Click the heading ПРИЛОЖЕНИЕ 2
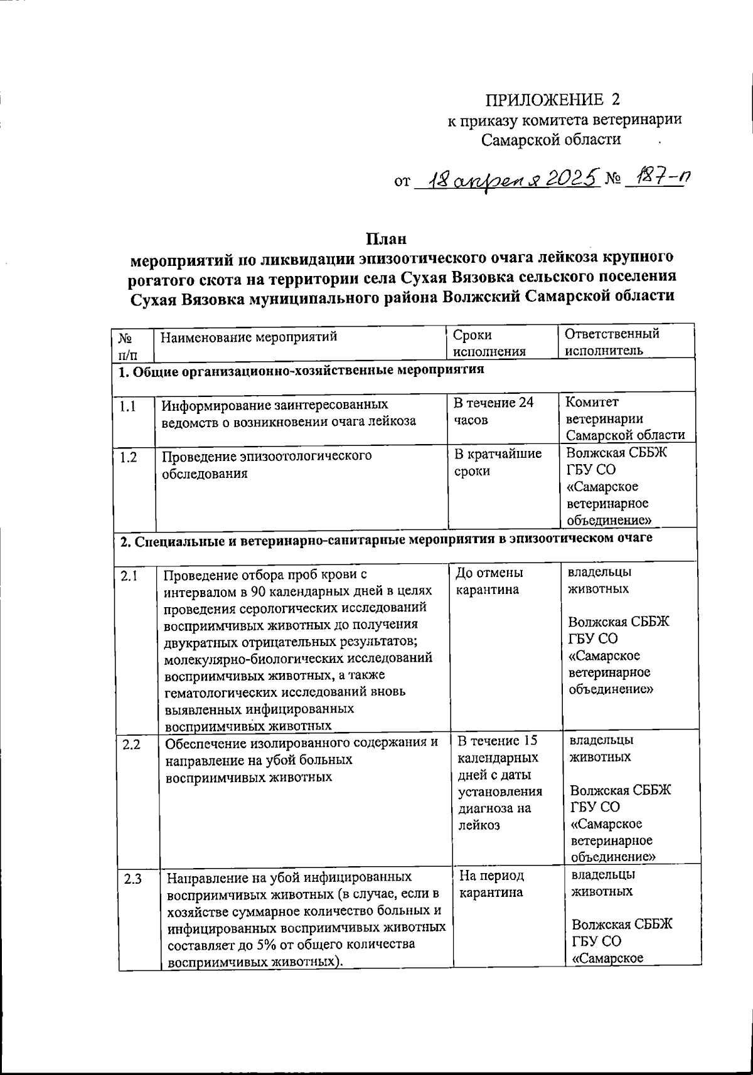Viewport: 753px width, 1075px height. [x=552, y=100]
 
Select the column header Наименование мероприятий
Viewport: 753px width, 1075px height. [x=248, y=337]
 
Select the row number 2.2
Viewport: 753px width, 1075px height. [x=131, y=744]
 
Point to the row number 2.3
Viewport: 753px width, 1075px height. [x=132, y=879]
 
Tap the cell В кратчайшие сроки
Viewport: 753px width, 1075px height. [x=497, y=462]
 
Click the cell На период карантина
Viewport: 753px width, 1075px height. [x=491, y=884]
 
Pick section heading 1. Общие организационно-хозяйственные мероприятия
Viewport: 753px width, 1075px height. [x=302, y=371]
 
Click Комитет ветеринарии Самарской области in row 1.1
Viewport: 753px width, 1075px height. [x=624, y=419]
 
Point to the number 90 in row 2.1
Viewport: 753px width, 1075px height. [x=259, y=591]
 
